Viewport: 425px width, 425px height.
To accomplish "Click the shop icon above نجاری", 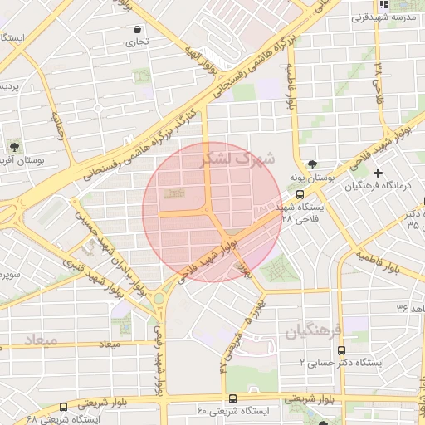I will (x=137, y=29).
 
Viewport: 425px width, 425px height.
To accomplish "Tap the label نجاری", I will (x=137, y=42).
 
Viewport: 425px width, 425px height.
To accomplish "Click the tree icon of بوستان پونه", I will (x=312, y=164).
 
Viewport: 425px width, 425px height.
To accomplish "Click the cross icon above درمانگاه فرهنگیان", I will (x=379, y=173).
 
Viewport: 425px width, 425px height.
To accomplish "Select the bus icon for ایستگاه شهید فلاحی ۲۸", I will (x=300, y=194).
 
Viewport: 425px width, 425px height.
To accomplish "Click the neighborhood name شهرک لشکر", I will (x=242, y=158).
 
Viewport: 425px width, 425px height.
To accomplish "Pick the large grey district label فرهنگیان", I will (x=315, y=333).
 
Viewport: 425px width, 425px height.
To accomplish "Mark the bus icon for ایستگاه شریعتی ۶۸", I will (x=64, y=407).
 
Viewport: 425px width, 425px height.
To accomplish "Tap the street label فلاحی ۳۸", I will (x=379, y=79).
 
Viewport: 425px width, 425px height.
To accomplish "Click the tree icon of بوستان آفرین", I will (x=14, y=145).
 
